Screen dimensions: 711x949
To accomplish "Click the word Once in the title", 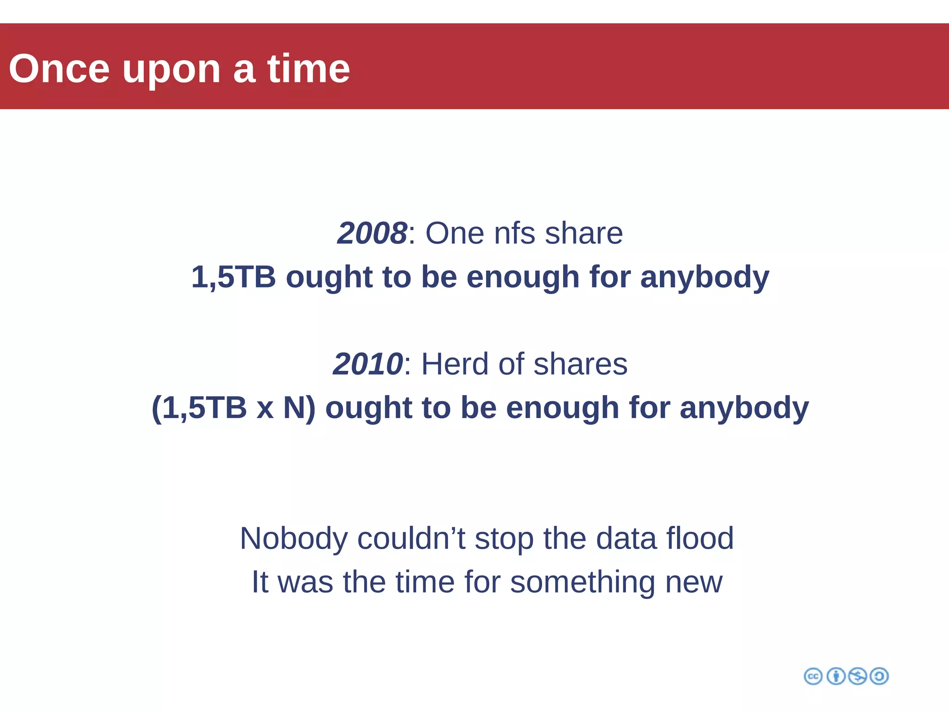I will pyautogui.click(x=59, y=69).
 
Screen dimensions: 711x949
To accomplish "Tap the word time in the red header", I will pyautogui.click(x=309, y=69).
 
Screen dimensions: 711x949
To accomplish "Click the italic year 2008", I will pyautogui.click(x=372, y=233).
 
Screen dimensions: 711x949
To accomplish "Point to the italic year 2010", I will pyautogui.click(x=368, y=364).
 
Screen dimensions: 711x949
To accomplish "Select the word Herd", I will pyautogui.click(x=455, y=364).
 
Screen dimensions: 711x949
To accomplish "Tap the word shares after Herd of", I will pyautogui.click(x=580, y=364).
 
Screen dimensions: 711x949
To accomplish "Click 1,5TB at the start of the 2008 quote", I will pyautogui.click(x=234, y=277).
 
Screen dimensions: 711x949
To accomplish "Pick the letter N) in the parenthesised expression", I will pyautogui.click(x=299, y=408).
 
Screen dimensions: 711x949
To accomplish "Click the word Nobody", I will pyautogui.click(x=293, y=538).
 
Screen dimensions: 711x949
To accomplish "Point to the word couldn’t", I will pyautogui.click(x=411, y=538).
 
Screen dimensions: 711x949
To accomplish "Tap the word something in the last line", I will pyautogui.click(x=582, y=582).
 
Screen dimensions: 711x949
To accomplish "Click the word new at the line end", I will pyautogui.click(x=694, y=582).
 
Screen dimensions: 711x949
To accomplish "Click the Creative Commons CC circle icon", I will pyautogui.click(x=813, y=676).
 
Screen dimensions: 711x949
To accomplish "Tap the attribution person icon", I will pyautogui.click(x=836, y=676).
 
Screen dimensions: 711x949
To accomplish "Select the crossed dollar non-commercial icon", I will pyautogui.click(x=857, y=676).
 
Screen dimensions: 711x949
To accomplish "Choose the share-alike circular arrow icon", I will pyautogui.click(x=879, y=676).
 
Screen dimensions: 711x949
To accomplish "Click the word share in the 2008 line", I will pyautogui.click(x=584, y=233).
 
